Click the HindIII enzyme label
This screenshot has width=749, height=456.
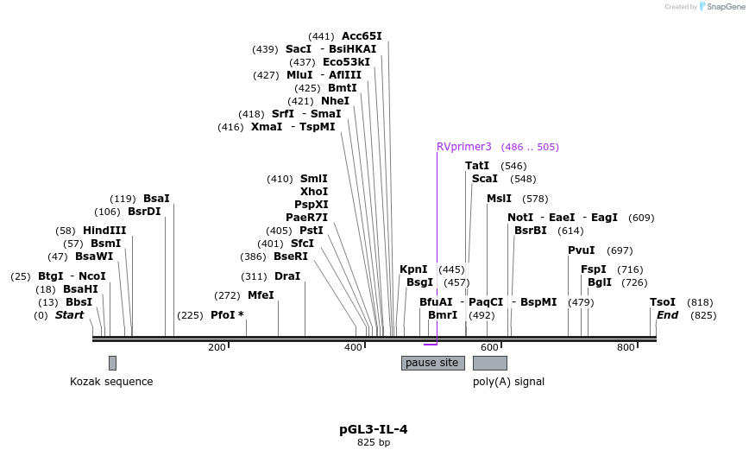[x=104, y=231]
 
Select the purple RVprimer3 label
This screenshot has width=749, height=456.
[x=463, y=147]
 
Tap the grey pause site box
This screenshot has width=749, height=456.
[x=432, y=363]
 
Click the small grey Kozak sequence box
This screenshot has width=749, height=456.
[x=112, y=363]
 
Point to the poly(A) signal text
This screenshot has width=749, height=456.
[x=508, y=382]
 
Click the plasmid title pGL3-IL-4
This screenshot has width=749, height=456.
[x=374, y=429]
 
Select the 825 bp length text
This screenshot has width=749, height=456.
[x=374, y=443]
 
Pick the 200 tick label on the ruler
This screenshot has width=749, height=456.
[x=217, y=347]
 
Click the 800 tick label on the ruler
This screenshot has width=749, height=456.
[x=626, y=347]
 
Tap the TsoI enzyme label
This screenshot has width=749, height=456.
[x=663, y=302]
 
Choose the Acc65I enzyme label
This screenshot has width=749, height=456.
[x=362, y=36]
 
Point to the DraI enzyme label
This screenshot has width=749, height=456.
[x=287, y=276]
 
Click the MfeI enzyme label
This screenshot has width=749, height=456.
[x=261, y=295]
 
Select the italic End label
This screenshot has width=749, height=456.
[x=668, y=315]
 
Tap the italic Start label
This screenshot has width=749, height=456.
[x=70, y=315]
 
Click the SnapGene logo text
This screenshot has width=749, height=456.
[x=721, y=7]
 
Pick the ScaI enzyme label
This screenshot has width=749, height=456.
[x=485, y=179]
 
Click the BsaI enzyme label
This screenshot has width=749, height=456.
[x=156, y=199]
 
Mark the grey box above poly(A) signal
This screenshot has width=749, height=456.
[x=489, y=363]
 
